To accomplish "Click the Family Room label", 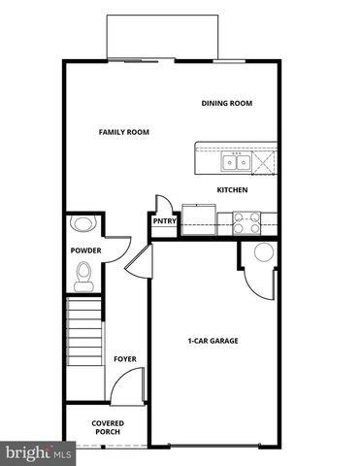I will [123, 132].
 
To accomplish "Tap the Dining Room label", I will [226, 104].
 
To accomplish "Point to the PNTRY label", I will [162, 220].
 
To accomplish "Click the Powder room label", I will [84, 250].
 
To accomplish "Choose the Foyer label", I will [124, 359].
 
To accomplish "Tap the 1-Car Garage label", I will [213, 341].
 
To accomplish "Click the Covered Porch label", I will [107, 427].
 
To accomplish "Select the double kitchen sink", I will [235, 161].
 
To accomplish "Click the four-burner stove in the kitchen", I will [245, 219].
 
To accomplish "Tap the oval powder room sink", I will [83, 224].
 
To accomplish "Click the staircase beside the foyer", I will [83, 332].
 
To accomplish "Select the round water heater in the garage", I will [263, 255].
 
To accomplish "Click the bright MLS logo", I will [39, 452].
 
